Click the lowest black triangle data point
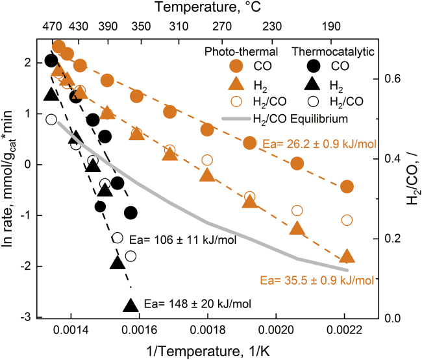point(130,305)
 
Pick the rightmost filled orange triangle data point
point(347,256)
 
